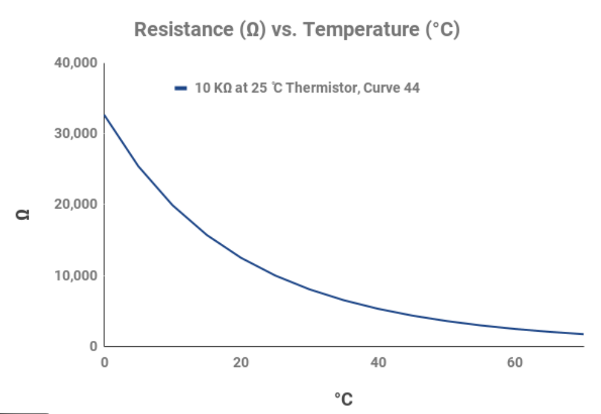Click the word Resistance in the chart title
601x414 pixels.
(x=185, y=29)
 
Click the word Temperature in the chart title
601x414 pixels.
(x=364, y=29)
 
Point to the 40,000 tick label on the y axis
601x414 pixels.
(x=76, y=63)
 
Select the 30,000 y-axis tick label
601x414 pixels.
(x=76, y=134)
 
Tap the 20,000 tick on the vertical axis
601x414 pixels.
(x=76, y=204)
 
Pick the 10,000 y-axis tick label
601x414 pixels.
(x=76, y=275)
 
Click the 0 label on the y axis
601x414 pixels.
(x=93, y=346)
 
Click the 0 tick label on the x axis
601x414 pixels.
(x=104, y=363)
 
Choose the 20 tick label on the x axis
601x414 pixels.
(x=241, y=363)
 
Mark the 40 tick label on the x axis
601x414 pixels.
(x=378, y=363)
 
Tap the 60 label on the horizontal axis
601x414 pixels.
(x=515, y=363)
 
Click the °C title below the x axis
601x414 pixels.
(x=344, y=399)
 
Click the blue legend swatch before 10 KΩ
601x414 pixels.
(x=180, y=88)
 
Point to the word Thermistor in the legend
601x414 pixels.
(x=322, y=88)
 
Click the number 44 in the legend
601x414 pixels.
(x=411, y=88)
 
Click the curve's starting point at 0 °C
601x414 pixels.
(x=105, y=115)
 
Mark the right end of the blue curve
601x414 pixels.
(x=583, y=334)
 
